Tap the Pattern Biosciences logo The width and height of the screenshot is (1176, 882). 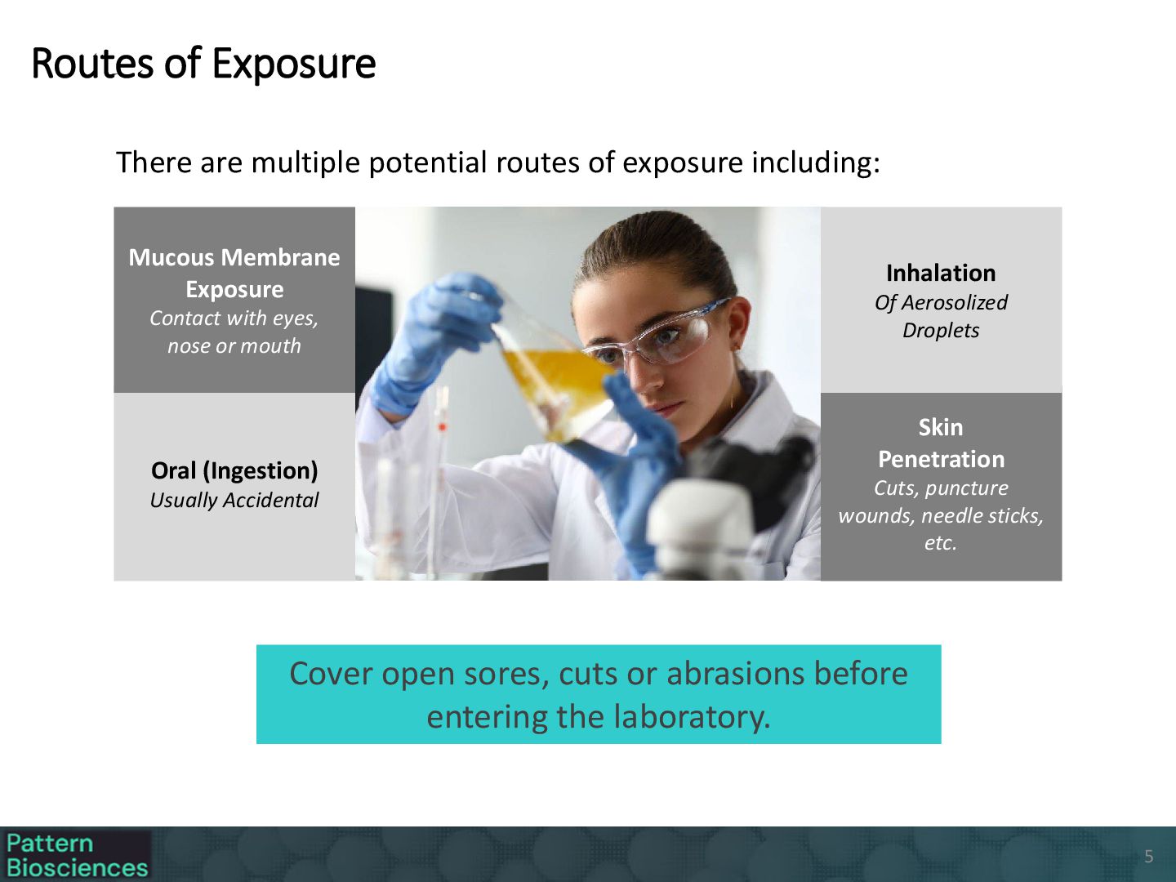point(76,855)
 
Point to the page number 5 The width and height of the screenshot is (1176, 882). point(1149,857)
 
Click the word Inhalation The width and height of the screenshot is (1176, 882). point(941,273)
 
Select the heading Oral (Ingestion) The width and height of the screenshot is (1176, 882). point(234,470)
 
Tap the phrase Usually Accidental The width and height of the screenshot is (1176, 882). point(234,500)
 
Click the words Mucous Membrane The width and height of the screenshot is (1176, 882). point(234,257)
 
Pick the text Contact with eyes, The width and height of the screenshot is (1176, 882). point(234,318)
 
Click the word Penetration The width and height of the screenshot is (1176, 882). point(941,460)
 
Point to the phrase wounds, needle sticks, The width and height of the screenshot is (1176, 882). point(941,515)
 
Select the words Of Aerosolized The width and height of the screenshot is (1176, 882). point(941,302)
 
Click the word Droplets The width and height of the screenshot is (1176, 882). point(941,331)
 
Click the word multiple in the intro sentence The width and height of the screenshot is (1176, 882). point(305,163)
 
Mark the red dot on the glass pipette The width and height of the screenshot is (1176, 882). point(443,427)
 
